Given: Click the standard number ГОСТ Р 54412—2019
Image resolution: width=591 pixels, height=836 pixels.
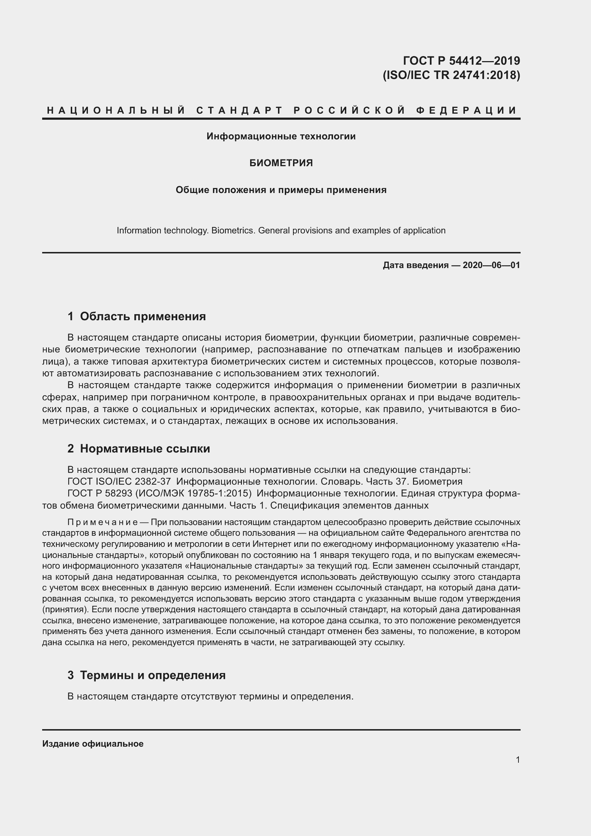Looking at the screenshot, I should pyautogui.click(x=461, y=60).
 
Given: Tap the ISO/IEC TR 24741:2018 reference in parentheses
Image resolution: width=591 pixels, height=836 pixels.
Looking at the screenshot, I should pyautogui.click(x=451, y=75).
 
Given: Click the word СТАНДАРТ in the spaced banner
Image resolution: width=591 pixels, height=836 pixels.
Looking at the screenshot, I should pyautogui.click(x=239, y=110).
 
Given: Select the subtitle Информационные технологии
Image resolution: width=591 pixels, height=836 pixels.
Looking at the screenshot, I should pyautogui.click(x=281, y=137).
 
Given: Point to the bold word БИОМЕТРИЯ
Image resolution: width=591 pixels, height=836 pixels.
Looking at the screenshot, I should pyautogui.click(x=281, y=163).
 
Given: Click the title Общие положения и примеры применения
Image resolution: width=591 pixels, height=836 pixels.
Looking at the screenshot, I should pyautogui.click(x=281, y=190).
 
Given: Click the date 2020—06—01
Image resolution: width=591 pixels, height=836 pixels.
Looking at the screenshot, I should pyautogui.click(x=491, y=265).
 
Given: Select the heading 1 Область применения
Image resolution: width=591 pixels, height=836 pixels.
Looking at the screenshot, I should pyautogui.click(x=136, y=316).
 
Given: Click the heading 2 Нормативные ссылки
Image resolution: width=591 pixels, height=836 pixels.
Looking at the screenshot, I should pyautogui.click(x=139, y=449).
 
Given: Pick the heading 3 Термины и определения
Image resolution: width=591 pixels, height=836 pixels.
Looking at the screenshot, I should pyautogui.click(x=146, y=676).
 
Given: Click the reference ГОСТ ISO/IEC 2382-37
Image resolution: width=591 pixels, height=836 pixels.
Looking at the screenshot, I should pyautogui.click(x=119, y=482).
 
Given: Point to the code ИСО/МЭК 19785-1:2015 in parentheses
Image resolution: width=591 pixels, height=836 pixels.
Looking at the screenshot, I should pyautogui.click(x=193, y=494).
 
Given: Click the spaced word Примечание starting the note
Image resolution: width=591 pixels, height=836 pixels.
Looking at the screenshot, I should pyautogui.click(x=102, y=523).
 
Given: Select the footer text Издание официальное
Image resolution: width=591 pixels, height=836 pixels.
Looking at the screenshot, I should pyautogui.click(x=93, y=744).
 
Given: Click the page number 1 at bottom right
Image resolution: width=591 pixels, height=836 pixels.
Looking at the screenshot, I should pyautogui.click(x=517, y=760).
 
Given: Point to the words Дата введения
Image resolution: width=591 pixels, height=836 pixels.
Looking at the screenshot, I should pyautogui.click(x=415, y=265).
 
